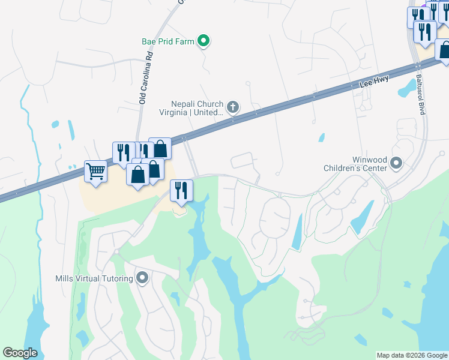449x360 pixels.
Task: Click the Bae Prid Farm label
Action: (x=169, y=41)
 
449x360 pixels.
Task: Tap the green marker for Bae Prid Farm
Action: (x=203, y=41)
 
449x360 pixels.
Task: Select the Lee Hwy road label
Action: (x=375, y=82)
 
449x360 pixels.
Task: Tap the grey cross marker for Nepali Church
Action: (x=233, y=108)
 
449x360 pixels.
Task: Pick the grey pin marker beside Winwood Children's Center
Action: (x=396, y=163)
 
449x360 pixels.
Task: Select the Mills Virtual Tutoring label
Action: (x=93, y=278)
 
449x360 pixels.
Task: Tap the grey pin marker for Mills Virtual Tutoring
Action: (x=142, y=278)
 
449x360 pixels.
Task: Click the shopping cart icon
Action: (x=95, y=172)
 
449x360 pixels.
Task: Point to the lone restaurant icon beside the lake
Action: (x=181, y=190)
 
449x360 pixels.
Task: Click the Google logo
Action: (x=20, y=353)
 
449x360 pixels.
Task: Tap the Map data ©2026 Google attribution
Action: (x=412, y=355)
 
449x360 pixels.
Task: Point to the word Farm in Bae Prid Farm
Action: (x=185, y=41)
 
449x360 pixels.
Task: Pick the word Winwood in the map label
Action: (x=367, y=160)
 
